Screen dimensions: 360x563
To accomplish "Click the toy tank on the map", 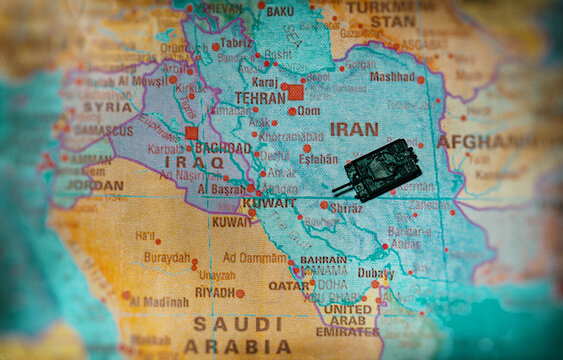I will tap(378, 169).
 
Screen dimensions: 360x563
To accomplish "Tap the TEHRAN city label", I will tap(260, 98).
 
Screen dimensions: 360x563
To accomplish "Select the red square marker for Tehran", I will tap(295, 92).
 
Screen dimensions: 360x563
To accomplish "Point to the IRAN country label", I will tap(354, 129).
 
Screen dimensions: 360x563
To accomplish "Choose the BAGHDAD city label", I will tap(223, 148).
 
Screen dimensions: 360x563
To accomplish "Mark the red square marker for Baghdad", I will tap(191, 132).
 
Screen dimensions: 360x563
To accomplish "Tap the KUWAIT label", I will tap(240, 203).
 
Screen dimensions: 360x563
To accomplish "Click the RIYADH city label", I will tap(214, 292).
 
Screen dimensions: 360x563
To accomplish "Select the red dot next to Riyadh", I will tap(240, 293).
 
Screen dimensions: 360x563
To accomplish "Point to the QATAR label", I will tap(289, 285).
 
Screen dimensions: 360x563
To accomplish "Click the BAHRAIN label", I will tap(323, 259).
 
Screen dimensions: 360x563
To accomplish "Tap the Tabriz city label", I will tap(237, 43).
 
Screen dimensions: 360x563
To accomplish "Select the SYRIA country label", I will tap(107, 106).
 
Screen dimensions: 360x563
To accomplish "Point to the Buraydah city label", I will tap(166, 257).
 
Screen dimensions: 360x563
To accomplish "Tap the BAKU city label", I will tap(280, 11).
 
